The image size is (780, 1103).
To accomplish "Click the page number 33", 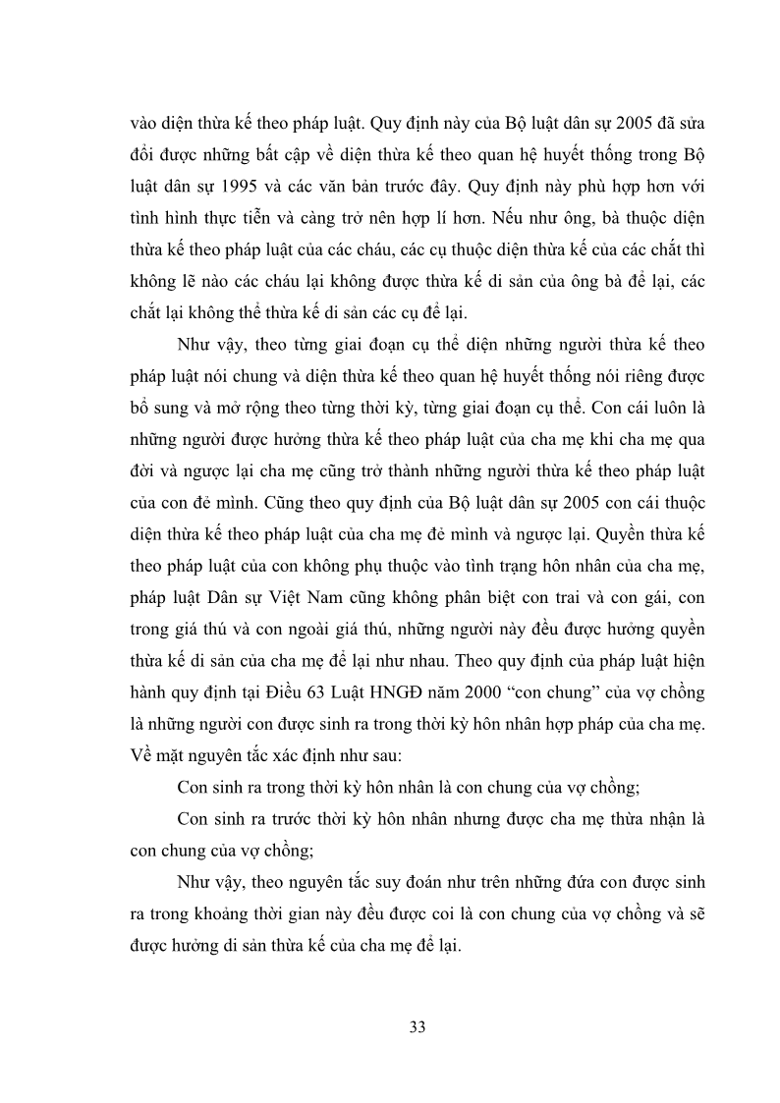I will coord(417,1028).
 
